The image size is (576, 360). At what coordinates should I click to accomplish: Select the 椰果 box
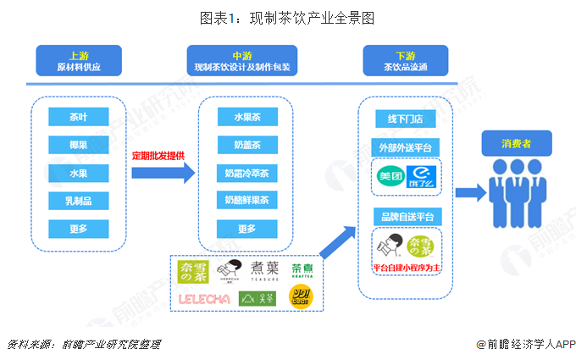click(79, 145)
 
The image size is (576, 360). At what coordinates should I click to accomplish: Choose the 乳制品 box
click(79, 201)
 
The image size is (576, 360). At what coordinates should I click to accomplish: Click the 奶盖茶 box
click(246, 145)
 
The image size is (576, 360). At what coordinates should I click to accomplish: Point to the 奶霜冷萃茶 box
click(246, 173)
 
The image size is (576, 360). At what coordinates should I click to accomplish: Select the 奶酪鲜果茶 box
click(246, 201)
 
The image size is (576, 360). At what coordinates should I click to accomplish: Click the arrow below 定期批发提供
click(163, 173)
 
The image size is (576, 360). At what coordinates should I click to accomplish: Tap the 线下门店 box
click(405, 119)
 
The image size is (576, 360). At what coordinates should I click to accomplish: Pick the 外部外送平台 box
click(405, 148)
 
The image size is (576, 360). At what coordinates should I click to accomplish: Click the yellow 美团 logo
click(390, 176)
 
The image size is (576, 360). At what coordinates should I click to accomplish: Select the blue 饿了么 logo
click(420, 176)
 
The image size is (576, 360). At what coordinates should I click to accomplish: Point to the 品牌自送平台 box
click(405, 218)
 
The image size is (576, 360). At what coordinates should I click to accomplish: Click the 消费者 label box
click(516, 145)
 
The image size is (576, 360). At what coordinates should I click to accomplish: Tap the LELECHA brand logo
click(203, 297)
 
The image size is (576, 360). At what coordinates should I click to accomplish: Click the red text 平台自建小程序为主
click(405, 268)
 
